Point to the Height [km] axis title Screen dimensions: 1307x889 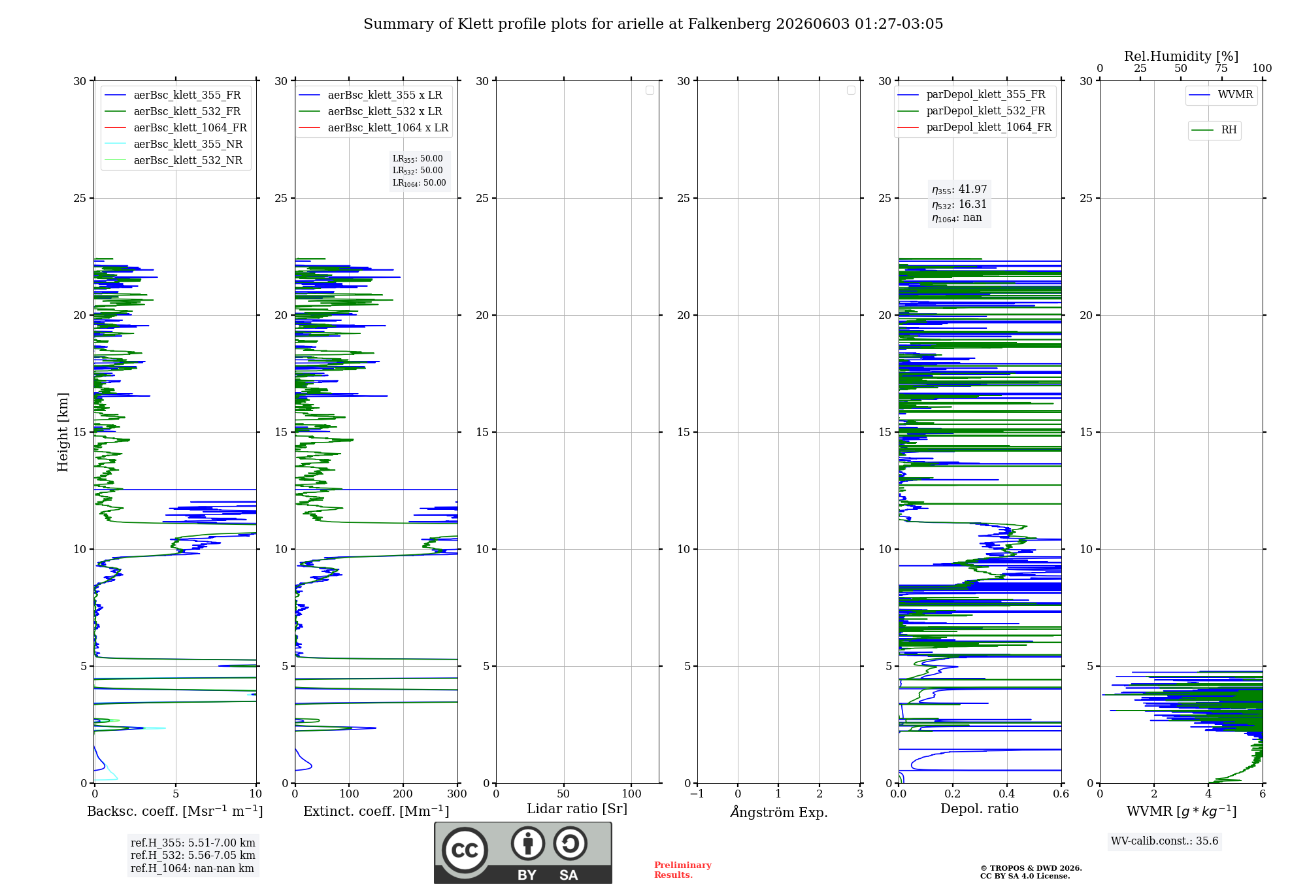63,432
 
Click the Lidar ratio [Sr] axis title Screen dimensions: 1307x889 577,809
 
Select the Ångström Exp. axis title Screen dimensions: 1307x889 779,812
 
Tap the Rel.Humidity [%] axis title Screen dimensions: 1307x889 1182,56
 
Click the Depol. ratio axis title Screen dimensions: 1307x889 980,809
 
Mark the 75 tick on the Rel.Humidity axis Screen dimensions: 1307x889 1221,69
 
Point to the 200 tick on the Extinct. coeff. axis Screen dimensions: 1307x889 403,794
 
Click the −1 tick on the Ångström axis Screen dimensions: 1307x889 697,794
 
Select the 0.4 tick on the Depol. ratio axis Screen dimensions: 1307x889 1007,794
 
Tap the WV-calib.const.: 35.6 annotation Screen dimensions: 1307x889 1165,841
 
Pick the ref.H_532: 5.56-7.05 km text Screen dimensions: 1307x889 193,856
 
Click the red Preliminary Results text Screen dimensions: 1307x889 683,870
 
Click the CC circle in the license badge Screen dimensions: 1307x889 465,850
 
